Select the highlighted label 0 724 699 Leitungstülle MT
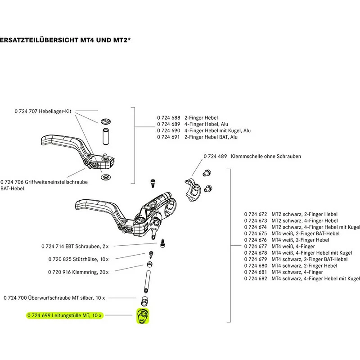(65, 316)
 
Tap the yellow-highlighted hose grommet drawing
(142, 316)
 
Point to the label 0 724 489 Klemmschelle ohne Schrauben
(252, 156)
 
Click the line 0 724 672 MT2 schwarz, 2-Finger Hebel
(291, 215)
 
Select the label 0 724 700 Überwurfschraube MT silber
(54, 298)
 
